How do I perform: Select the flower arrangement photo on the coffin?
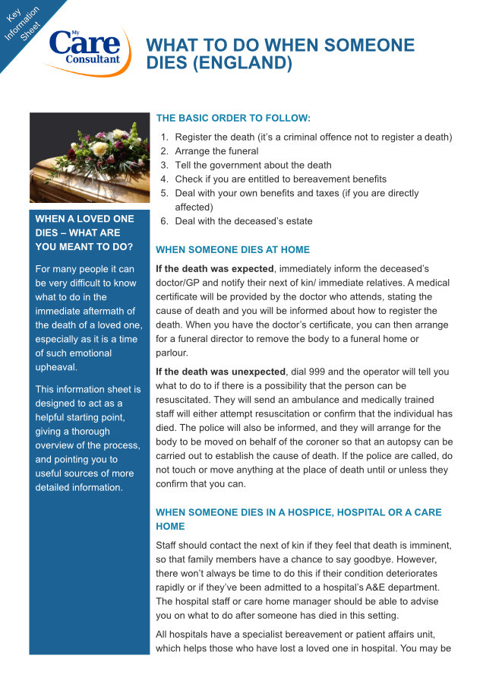(x=89, y=158)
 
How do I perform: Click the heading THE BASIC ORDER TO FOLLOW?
(x=233, y=119)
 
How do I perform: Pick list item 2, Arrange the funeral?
(x=216, y=151)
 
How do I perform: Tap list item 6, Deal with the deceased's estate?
(x=243, y=221)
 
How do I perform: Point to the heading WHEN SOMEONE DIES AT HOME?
(x=232, y=250)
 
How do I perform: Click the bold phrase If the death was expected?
(x=214, y=269)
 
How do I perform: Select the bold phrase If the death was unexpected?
(x=220, y=372)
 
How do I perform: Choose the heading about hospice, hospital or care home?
(x=298, y=519)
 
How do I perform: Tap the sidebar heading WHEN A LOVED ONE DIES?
(x=84, y=233)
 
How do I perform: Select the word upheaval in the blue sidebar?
(x=56, y=367)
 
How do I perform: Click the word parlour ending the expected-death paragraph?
(x=172, y=353)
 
